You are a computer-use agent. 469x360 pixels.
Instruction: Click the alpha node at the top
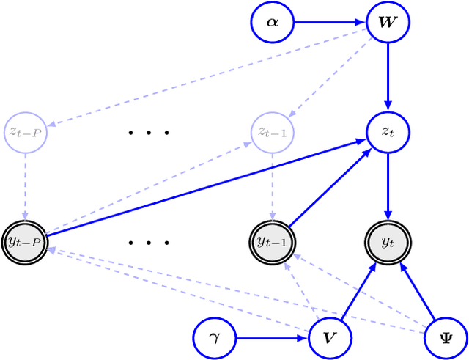point(272,23)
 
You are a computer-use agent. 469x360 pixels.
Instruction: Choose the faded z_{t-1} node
point(272,132)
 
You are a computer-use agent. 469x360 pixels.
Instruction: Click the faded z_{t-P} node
point(25,132)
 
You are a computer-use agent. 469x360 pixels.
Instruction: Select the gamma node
point(214,338)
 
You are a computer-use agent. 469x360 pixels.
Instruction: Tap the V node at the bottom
point(330,338)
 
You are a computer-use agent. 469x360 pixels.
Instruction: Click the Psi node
point(446,338)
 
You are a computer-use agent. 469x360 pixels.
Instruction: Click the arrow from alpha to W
point(330,23)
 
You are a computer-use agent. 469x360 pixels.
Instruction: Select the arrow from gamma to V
point(272,338)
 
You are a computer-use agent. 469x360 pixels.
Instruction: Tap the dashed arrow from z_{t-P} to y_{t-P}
point(25,186)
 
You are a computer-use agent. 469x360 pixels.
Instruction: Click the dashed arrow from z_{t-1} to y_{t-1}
point(272,186)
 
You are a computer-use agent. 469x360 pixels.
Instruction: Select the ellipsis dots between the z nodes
point(149,133)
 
